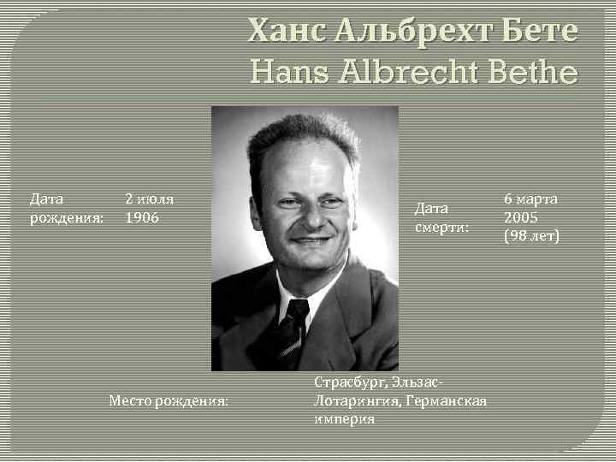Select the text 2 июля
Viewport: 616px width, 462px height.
150,199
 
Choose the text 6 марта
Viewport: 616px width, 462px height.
530,198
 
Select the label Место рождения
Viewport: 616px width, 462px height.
169,400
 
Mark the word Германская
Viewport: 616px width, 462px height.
452,400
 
